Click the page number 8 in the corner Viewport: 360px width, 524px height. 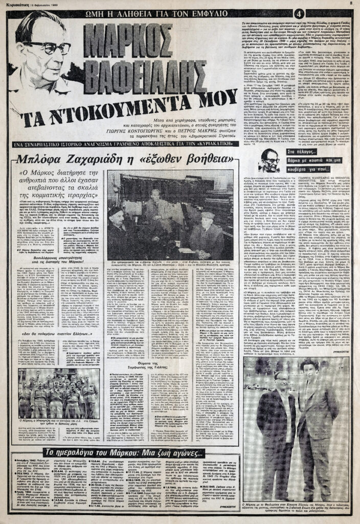[352, 3]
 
